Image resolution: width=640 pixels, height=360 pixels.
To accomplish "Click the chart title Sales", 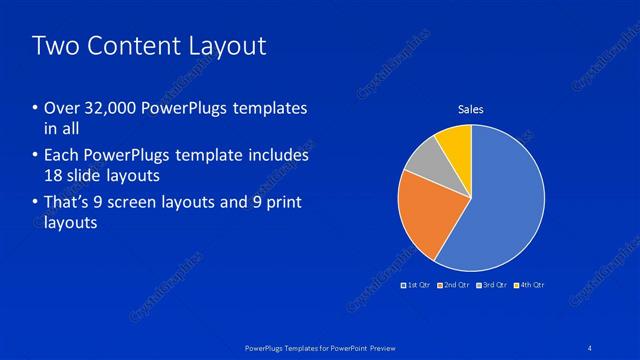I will (x=470, y=109).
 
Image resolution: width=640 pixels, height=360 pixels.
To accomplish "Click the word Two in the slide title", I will (x=54, y=46).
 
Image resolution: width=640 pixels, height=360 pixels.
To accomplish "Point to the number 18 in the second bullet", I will (x=56, y=175).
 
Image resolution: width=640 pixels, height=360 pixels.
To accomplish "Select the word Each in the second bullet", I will (x=63, y=156).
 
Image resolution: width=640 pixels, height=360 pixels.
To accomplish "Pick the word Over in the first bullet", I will (x=63, y=108).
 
